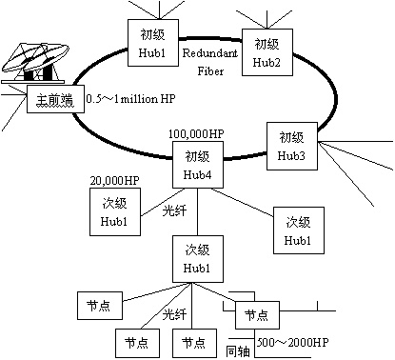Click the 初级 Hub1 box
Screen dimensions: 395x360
(x=153, y=43)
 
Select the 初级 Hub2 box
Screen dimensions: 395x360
(x=267, y=52)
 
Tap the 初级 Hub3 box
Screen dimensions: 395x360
(x=292, y=146)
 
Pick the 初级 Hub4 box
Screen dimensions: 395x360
(x=198, y=165)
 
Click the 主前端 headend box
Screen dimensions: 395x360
(x=55, y=99)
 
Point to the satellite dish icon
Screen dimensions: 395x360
(x=35, y=63)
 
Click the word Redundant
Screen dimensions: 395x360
(x=209, y=52)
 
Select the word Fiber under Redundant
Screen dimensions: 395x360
(x=210, y=70)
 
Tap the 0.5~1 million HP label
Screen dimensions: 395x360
(x=130, y=99)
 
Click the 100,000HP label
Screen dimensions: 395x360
(x=196, y=134)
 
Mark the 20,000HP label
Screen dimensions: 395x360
(x=114, y=181)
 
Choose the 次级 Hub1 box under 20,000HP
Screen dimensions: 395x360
(x=115, y=211)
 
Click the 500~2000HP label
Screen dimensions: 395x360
(x=292, y=342)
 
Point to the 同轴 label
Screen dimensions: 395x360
(x=238, y=351)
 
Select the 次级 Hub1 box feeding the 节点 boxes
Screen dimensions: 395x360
(x=198, y=259)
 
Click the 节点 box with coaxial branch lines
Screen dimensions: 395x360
(x=257, y=315)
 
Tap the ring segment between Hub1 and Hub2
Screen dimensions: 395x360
(x=210, y=39)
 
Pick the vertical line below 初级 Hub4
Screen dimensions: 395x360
(x=198, y=212)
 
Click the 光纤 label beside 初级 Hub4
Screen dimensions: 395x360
(x=174, y=210)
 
